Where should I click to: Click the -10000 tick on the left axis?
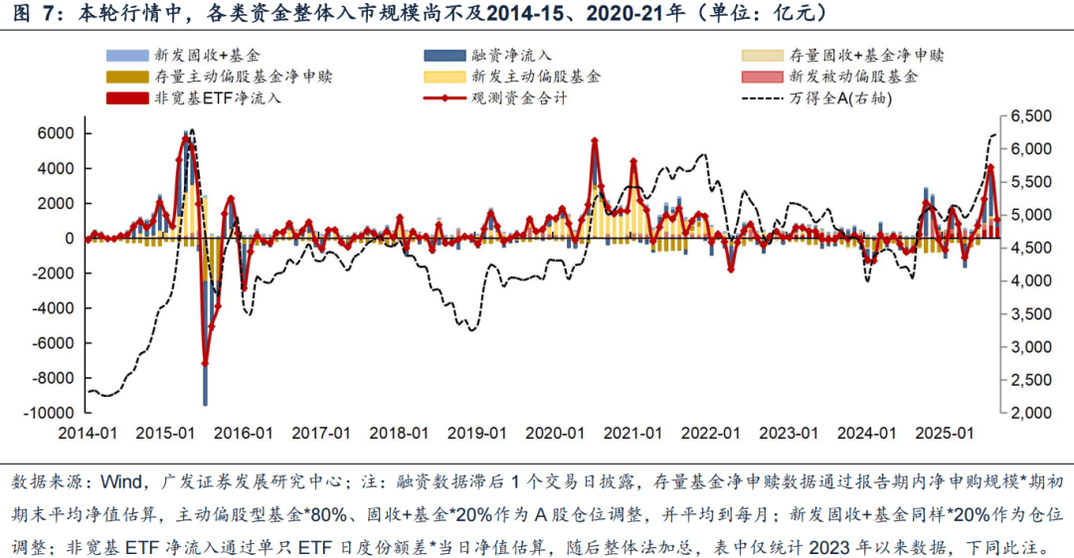pos(50,413)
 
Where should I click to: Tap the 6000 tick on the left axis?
pos(58,134)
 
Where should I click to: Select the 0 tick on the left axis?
pos(71,239)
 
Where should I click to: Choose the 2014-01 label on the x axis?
pos(88,434)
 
